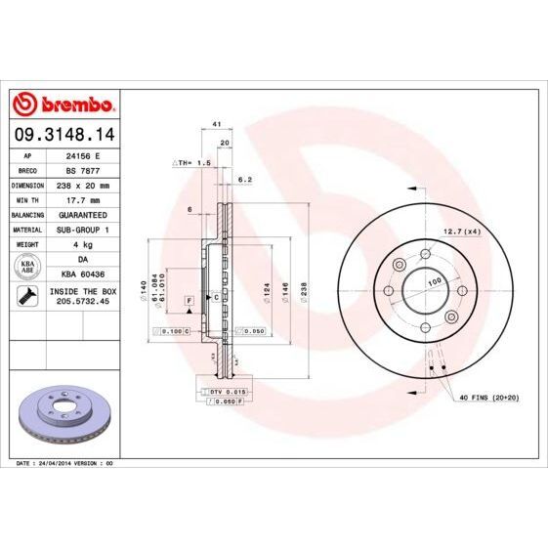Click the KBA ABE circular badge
(27, 266)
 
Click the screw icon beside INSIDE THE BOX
(27, 296)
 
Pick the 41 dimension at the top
(215, 125)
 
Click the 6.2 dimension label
(245, 180)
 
